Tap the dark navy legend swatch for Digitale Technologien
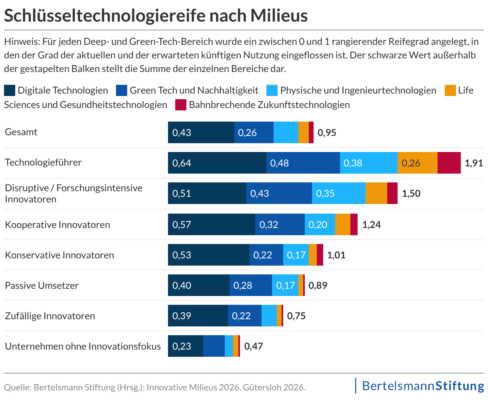[10, 90]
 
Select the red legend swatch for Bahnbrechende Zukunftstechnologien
[181, 105]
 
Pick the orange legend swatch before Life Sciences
[450, 90]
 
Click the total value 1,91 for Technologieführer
[474, 163]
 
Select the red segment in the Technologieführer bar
[449, 163]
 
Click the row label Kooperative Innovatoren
[58, 225]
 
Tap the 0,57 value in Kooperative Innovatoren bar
[182, 224]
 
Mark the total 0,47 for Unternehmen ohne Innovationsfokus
[254, 346]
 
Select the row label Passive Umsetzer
[42, 286]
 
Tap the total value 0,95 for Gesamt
[327, 132]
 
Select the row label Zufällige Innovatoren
[50, 316]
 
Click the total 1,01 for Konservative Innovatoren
[336, 255]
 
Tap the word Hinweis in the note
[20, 41]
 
